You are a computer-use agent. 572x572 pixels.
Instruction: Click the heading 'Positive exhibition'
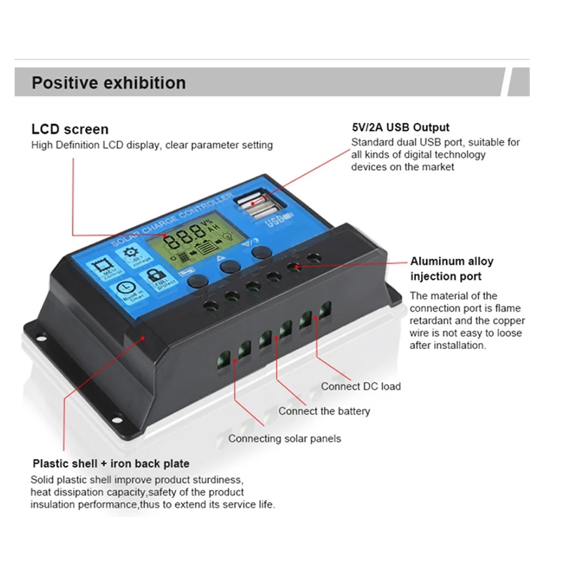[x=109, y=83]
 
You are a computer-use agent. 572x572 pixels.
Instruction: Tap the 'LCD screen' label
[x=70, y=129]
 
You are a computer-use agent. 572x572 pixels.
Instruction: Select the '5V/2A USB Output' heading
[x=400, y=127]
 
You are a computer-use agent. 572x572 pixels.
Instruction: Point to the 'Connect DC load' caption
[x=360, y=386]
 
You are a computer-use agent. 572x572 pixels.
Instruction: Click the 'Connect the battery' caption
[x=324, y=411]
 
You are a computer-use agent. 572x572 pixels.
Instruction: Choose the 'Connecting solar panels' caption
[x=285, y=438]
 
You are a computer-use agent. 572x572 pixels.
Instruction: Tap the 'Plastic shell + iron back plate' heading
[x=111, y=463]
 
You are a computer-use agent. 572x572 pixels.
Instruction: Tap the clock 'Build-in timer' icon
[x=122, y=290]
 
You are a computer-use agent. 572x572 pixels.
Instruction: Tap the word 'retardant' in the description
[x=430, y=320]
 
